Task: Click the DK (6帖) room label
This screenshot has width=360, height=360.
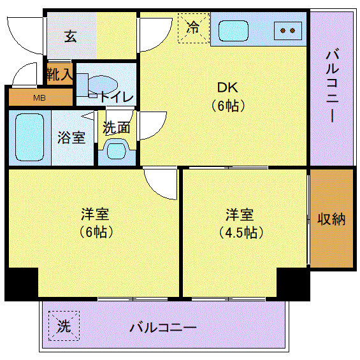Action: [x=228, y=97]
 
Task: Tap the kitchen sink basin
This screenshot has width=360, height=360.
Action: [x=233, y=31]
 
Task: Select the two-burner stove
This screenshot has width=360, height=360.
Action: [x=288, y=31]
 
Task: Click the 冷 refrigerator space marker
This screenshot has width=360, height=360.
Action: [x=194, y=28]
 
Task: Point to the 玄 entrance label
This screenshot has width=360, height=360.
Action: [x=70, y=36]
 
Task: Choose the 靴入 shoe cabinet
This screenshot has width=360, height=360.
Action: [x=60, y=74]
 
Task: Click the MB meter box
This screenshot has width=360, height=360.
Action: [x=40, y=97]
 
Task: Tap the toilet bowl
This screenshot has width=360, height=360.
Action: [x=103, y=85]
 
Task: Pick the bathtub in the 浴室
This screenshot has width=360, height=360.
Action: [x=29, y=137]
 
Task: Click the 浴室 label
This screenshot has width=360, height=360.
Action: [x=71, y=138]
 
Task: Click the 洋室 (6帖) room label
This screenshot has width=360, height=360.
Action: [x=96, y=223]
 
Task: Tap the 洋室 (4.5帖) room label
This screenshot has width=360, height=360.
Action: [x=240, y=223]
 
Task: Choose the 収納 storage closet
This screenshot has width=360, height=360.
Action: [x=331, y=218]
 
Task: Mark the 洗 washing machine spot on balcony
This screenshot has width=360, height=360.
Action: [x=64, y=326]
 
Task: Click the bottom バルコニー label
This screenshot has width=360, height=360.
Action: [x=163, y=328]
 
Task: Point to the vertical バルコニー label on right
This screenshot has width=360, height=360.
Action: [x=332, y=86]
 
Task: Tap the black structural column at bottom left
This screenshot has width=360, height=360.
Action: [x=22, y=284]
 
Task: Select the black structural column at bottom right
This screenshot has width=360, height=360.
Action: [x=293, y=284]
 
